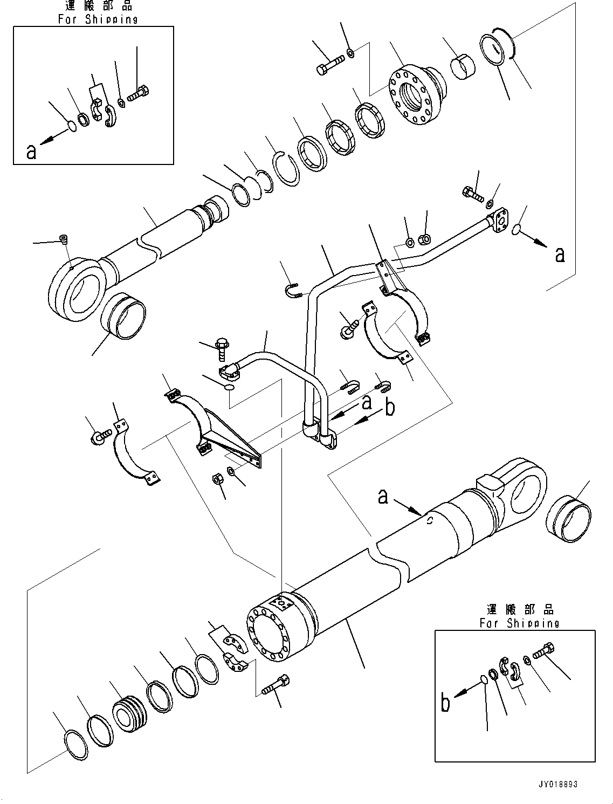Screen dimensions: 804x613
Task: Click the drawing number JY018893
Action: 557,785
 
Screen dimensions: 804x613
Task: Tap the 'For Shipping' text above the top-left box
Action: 98,19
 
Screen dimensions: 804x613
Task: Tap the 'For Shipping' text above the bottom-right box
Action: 519,623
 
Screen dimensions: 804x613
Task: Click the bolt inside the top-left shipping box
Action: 139,94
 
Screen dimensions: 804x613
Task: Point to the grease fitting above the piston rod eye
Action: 64,238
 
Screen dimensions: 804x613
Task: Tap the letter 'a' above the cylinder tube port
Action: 383,496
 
